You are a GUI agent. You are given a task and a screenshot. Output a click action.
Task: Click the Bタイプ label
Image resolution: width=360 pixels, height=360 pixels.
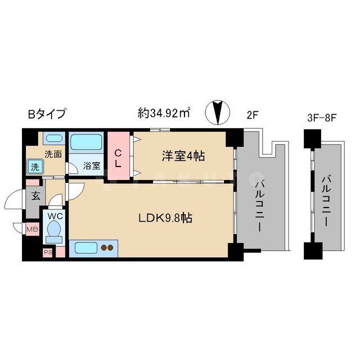pos(47,114)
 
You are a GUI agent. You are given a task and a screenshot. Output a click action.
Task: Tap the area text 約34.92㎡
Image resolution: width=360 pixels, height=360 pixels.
pos(163,113)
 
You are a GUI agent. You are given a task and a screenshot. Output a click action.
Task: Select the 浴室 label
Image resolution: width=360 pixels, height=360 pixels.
pos(92,166)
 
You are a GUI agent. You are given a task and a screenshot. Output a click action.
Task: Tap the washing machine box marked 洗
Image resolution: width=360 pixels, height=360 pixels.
pos(35,166)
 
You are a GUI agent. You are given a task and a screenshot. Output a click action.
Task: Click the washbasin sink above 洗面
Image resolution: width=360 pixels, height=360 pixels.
pos(53,139)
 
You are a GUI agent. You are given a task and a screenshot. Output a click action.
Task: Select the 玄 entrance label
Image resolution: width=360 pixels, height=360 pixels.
pos(35,196)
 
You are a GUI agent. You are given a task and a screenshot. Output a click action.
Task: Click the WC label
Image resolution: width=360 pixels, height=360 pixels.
pos(55,216)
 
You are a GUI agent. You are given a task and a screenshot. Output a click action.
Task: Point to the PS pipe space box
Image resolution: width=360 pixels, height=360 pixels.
pos(47,252)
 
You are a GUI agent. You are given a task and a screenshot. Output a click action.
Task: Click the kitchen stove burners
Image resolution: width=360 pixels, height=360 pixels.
pos(107,247)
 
